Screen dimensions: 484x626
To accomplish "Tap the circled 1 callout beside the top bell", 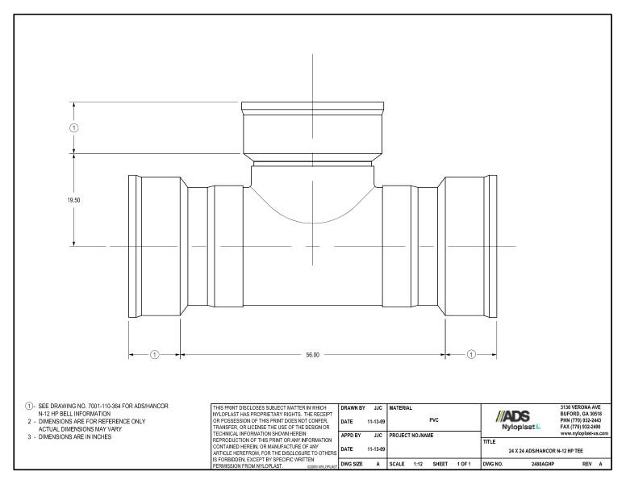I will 74,127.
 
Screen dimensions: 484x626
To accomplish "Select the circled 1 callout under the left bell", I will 155,354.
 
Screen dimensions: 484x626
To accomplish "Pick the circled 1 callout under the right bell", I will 471,354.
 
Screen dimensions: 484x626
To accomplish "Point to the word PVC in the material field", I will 434,419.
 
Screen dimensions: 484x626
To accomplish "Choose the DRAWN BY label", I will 353,408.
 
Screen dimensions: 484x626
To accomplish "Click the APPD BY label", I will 353,435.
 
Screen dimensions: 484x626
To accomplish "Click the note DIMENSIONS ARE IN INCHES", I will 73,436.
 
